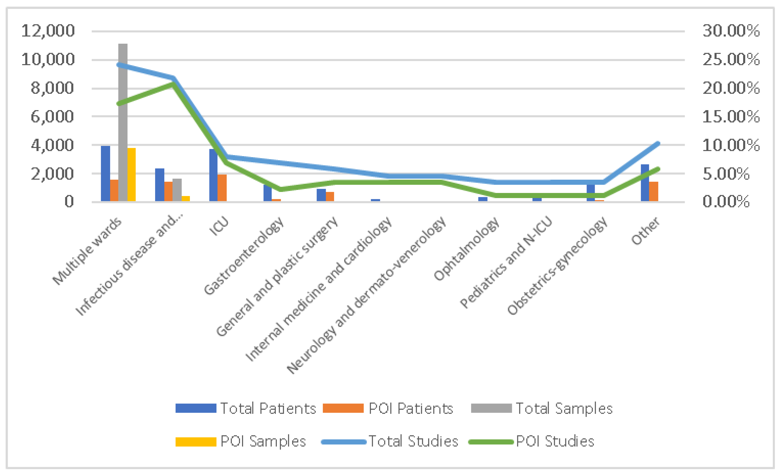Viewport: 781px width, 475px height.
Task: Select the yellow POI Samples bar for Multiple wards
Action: (x=132, y=174)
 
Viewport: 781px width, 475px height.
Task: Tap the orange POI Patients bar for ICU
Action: (x=222, y=188)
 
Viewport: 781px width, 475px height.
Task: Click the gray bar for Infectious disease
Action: (x=177, y=190)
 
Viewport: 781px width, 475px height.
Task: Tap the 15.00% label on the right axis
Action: (x=731, y=117)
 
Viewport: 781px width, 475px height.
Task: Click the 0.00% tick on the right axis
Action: (x=726, y=202)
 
